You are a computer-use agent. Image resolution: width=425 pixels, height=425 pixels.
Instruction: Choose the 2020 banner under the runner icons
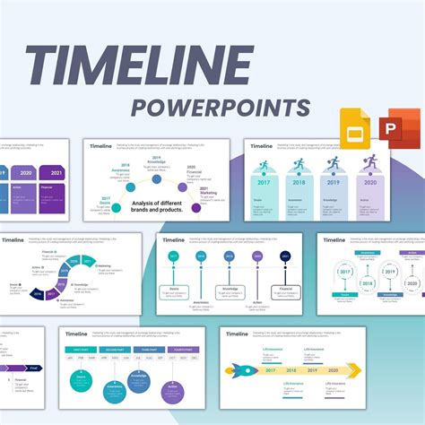(369, 181)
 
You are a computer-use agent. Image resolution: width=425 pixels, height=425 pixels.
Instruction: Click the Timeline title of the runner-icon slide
(262, 146)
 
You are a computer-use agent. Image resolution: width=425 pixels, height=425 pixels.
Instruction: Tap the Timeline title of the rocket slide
(237, 334)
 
